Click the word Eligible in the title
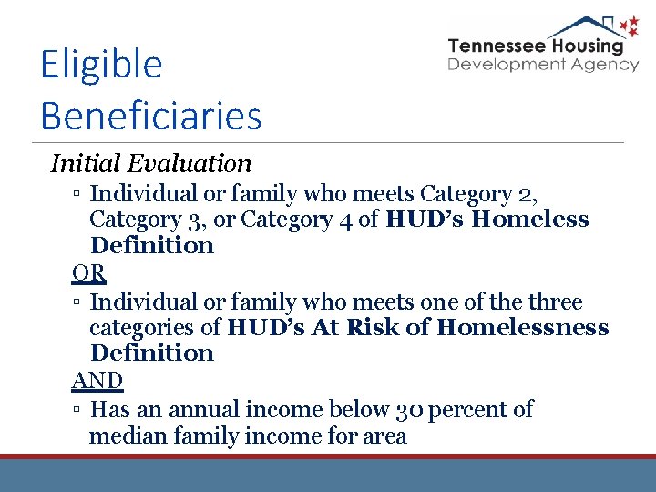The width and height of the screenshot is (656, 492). click(101, 66)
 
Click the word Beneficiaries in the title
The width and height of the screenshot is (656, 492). click(151, 116)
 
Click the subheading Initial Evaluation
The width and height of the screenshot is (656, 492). click(151, 164)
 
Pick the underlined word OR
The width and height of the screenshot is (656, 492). click(88, 272)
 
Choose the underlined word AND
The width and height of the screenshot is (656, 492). click(97, 380)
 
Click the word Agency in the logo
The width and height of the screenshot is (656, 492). click(605, 65)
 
